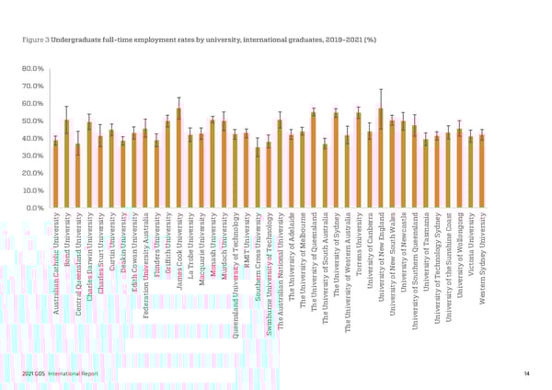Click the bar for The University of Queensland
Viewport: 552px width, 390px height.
tap(314, 160)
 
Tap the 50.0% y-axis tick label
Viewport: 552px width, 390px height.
tap(32, 121)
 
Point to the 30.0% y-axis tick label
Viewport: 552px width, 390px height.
tap(32, 156)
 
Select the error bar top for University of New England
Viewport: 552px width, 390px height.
tap(381, 89)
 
